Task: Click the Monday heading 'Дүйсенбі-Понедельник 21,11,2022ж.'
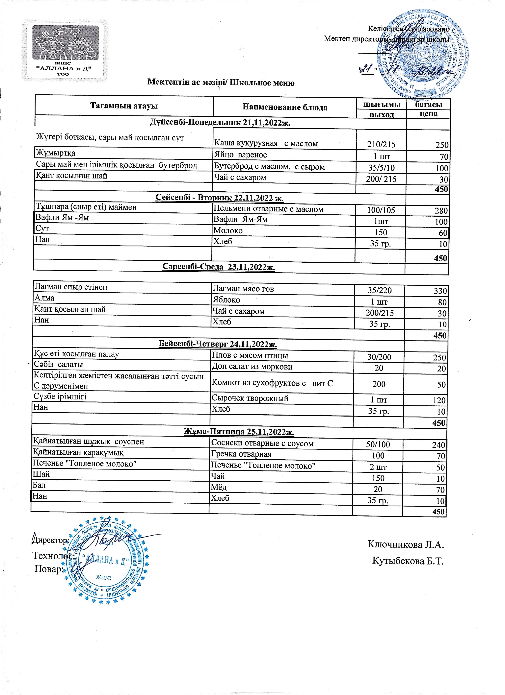pos(220,123)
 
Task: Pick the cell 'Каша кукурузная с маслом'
pos(266,143)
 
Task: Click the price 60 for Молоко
pos(443,233)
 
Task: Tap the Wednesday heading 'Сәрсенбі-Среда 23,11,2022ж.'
pos(218,267)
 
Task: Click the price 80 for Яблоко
pos(442,302)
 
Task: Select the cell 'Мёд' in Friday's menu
pos(219,487)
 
